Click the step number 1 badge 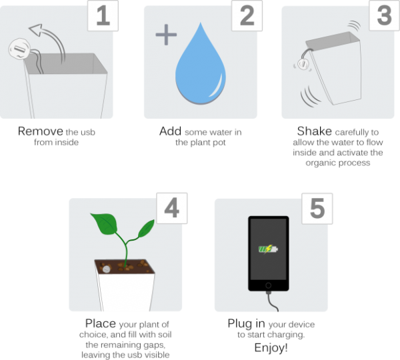[103, 15]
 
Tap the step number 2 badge [247, 15]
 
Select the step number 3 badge [385, 15]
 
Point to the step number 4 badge [172, 208]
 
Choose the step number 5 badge [317, 209]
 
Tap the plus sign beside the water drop [166, 35]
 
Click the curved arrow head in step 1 [36, 29]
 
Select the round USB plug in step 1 [19, 49]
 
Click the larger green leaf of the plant [105, 223]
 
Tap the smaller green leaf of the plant [146, 229]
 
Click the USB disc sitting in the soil [107, 269]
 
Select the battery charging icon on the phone [268, 249]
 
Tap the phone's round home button [269, 285]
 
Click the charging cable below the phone [271, 302]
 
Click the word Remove [40, 131]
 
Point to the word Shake [315, 131]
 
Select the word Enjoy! [271, 348]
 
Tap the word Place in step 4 [101, 323]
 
